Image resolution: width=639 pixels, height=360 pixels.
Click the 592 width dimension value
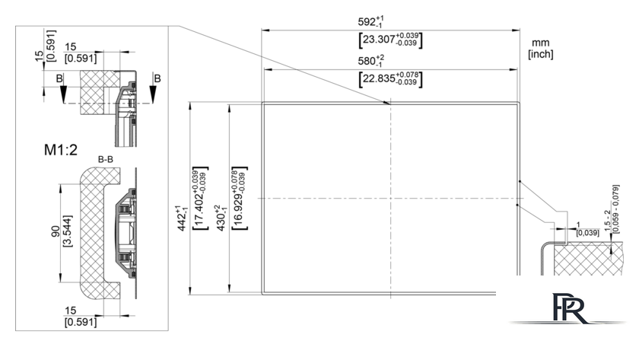(371, 21)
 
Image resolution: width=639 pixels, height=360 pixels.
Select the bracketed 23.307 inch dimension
(390, 40)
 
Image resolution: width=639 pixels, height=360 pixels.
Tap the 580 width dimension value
(371, 61)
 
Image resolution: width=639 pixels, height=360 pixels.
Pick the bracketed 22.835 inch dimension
(390, 78)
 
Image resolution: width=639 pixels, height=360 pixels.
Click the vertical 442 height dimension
(182, 218)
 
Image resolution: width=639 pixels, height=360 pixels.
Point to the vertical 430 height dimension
(221, 218)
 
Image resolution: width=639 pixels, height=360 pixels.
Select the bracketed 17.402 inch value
(200, 198)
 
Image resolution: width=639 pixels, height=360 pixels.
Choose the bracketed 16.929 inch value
(240, 198)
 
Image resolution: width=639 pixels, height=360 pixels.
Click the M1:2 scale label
(61, 150)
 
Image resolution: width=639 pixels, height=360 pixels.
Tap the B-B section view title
(106, 159)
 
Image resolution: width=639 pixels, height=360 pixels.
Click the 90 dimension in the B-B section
(56, 231)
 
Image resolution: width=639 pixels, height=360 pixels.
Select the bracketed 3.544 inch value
(68, 231)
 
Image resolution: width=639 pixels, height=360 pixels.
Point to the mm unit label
(540, 43)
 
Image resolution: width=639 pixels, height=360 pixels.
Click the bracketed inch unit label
(541, 54)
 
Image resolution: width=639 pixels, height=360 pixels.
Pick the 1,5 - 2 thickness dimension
(607, 221)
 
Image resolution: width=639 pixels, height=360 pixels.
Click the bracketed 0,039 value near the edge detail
(587, 233)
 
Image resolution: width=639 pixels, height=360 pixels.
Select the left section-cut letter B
(59, 78)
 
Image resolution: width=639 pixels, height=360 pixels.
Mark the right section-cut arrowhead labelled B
(153, 94)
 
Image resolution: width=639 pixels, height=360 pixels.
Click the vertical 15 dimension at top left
(39, 56)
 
